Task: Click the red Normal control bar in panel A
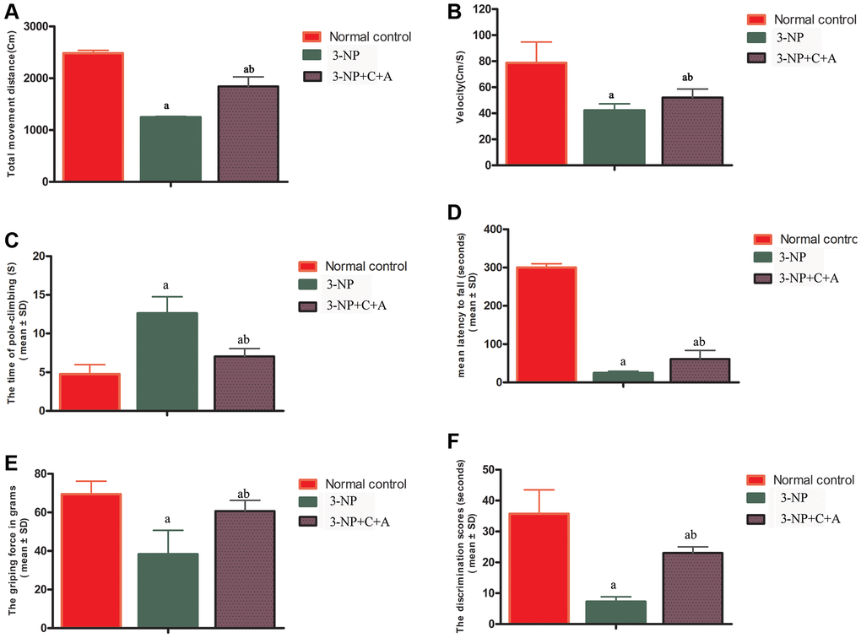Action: click(x=93, y=117)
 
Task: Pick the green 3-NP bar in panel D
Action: click(x=623, y=377)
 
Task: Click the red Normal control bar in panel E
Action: click(x=90, y=560)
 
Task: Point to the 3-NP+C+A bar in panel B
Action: click(x=692, y=131)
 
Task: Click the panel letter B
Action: click(x=454, y=12)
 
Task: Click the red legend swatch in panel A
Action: click(x=311, y=37)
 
